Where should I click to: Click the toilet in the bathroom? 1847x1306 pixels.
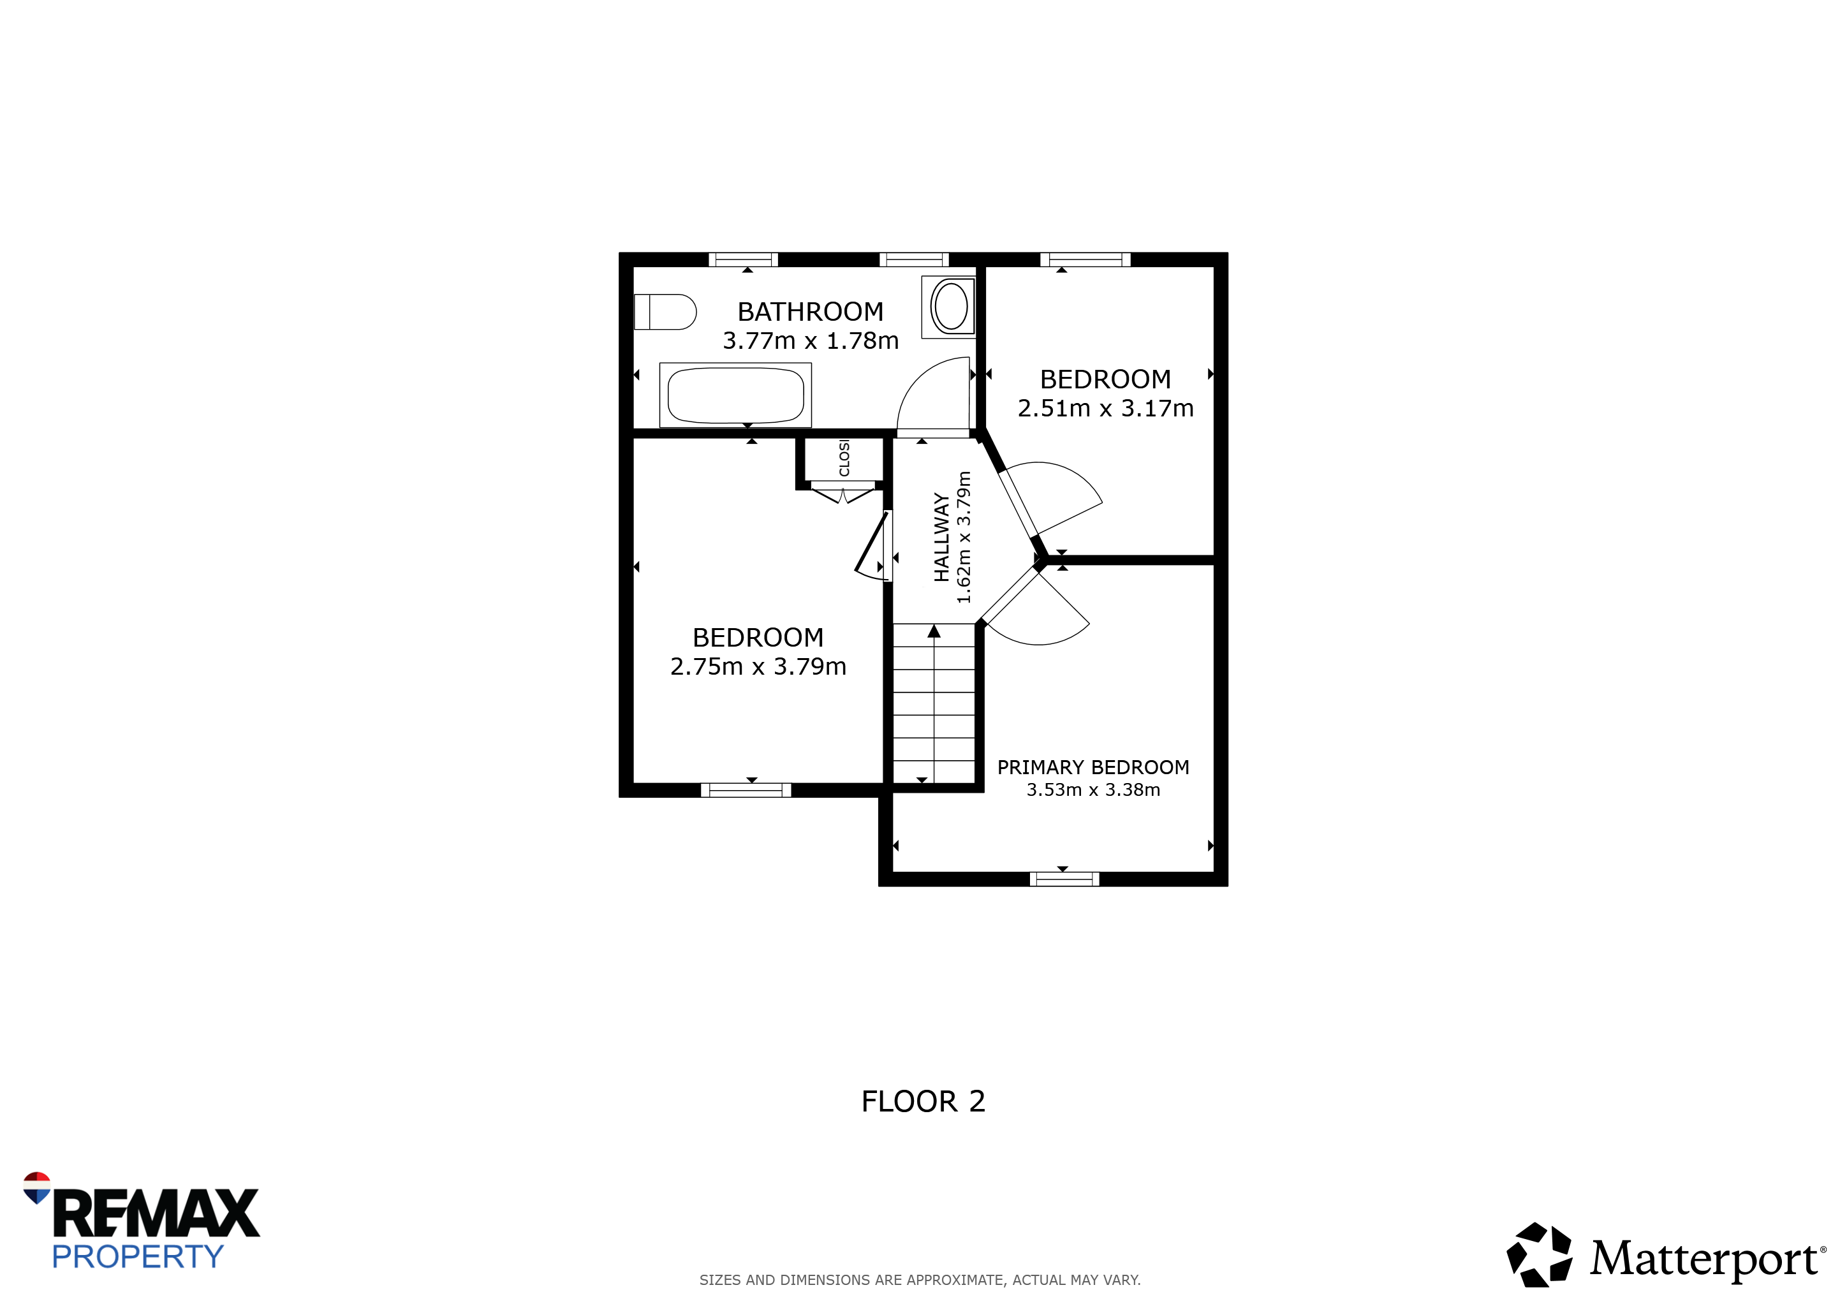coord(665,312)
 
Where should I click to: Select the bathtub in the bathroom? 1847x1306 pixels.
coord(735,395)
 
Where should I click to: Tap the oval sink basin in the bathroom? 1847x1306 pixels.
coord(952,305)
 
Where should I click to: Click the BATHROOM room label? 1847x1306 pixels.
coord(810,311)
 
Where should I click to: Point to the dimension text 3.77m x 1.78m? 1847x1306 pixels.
coord(810,341)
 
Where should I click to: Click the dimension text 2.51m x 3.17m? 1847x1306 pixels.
coord(1105,409)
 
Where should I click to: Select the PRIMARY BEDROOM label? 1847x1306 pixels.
coord(1093,767)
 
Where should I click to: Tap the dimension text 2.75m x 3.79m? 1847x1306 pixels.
coord(758,666)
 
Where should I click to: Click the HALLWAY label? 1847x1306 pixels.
coord(941,537)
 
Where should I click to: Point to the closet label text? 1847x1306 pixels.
coord(844,458)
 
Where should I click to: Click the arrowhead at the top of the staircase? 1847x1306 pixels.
coord(934,631)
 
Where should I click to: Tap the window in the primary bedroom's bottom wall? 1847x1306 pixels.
coord(1064,879)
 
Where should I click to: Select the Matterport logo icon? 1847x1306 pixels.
coord(1539,1254)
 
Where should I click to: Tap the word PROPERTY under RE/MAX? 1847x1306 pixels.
coord(138,1256)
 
